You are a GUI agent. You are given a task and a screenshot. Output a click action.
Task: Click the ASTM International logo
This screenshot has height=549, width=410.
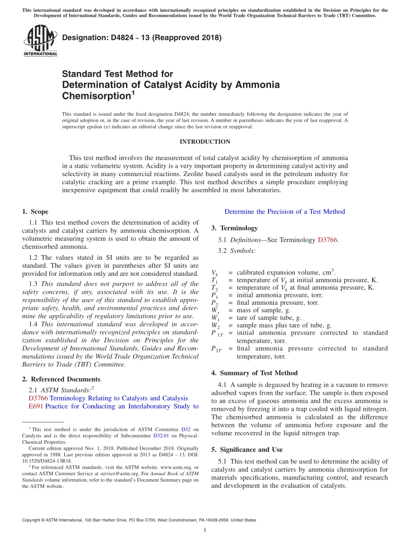pyautogui.click(x=40, y=41)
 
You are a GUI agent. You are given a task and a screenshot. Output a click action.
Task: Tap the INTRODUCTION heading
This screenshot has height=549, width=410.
pyautogui.click(x=205, y=142)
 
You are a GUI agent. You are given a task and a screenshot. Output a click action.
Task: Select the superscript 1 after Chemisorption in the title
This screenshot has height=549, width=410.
pyautogui.click(x=133, y=93)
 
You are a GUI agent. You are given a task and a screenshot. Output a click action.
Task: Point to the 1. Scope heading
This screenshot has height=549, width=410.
pyautogui.click(x=35, y=211)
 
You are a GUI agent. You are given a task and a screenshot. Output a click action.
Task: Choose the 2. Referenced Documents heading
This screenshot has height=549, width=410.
pyautogui.click(x=61, y=379)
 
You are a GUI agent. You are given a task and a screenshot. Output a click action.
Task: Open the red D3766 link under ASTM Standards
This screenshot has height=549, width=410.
pyautogui.click(x=38, y=398)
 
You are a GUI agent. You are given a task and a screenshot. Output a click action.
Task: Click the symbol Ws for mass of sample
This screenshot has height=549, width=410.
pyautogui.click(x=214, y=310)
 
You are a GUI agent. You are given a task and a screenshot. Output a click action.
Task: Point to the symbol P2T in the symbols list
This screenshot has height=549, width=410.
pyautogui.click(x=216, y=349)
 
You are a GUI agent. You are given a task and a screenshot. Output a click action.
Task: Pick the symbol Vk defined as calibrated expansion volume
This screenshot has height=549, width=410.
pyautogui.click(x=214, y=273)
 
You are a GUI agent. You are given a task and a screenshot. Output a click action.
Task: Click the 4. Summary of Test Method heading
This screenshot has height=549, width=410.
pyautogui.click(x=254, y=373)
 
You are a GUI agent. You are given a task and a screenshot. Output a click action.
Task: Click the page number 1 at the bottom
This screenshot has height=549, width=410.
pyautogui.click(x=205, y=530)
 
